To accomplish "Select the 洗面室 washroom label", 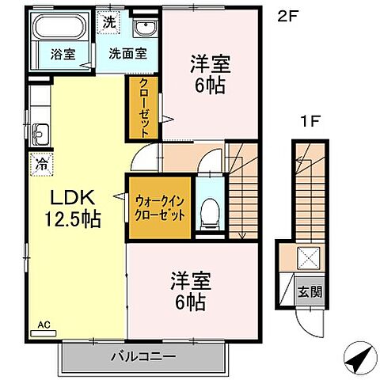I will (127, 55).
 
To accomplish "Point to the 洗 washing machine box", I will (109, 22).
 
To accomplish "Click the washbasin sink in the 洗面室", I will (145, 30).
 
